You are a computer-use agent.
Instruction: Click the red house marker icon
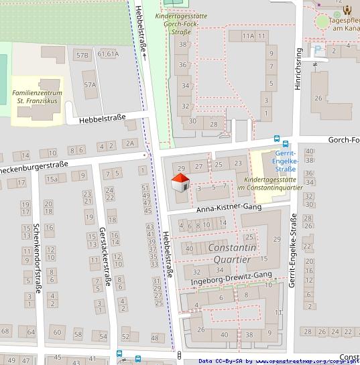(180, 182)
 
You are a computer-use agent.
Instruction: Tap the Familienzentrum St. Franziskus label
(36, 96)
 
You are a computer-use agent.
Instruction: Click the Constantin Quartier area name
(229, 253)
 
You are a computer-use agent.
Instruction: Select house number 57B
(82, 54)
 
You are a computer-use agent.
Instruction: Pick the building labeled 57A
(90, 85)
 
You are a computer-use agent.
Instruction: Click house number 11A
(249, 35)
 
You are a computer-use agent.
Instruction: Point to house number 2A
(130, 143)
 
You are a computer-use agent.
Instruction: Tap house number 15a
(52, 179)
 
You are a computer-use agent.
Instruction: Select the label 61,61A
(108, 54)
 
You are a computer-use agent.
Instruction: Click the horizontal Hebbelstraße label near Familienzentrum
(102, 119)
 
